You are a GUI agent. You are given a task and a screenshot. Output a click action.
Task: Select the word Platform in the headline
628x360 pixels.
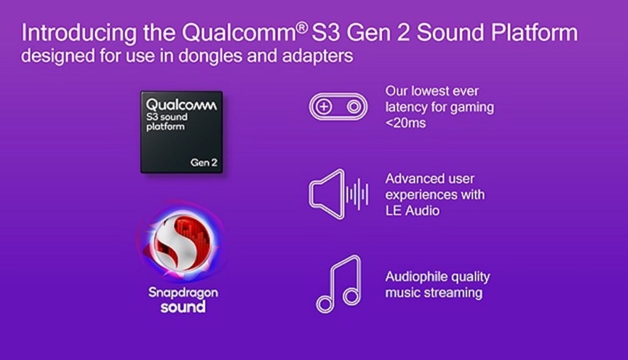[534, 32]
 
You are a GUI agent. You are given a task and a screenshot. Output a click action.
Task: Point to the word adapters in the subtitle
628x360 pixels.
[317, 57]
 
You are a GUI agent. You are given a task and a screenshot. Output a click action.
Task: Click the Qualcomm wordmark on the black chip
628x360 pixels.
[181, 105]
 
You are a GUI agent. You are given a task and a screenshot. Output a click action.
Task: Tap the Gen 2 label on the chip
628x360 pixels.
[204, 163]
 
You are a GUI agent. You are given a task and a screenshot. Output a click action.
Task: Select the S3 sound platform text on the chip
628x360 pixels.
[167, 122]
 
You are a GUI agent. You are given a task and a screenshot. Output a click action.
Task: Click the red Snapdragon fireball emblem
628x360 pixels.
[182, 243]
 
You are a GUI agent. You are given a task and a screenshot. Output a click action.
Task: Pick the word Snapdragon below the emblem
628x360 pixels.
[183, 293]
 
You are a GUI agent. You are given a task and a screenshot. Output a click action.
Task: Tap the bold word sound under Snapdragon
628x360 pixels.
[183, 307]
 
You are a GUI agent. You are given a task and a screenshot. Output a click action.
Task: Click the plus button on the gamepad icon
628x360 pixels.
[324, 107]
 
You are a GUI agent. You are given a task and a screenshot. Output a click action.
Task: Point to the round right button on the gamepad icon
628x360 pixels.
[354, 107]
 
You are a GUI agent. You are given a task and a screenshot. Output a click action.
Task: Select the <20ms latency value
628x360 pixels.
[406, 123]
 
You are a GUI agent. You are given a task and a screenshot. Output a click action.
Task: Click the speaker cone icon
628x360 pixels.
[327, 194]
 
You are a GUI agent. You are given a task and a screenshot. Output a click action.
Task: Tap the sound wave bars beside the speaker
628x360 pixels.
[357, 194]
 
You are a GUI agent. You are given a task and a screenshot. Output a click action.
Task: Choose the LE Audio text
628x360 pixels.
[412, 211]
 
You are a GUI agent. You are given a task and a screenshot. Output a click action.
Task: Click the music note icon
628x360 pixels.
[339, 284]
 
